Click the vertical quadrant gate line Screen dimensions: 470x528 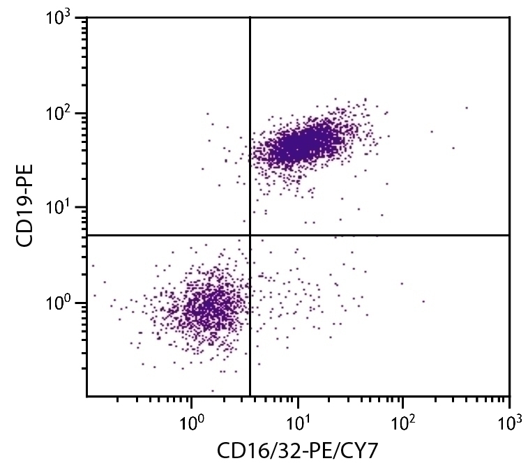click(x=250, y=139)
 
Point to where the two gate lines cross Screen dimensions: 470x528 click(x=250, y=235)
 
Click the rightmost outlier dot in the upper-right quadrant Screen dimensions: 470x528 click(x=466, y=108)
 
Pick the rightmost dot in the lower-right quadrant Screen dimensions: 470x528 click(x=423, y=301)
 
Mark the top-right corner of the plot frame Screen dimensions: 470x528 click(x=509, y=18)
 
